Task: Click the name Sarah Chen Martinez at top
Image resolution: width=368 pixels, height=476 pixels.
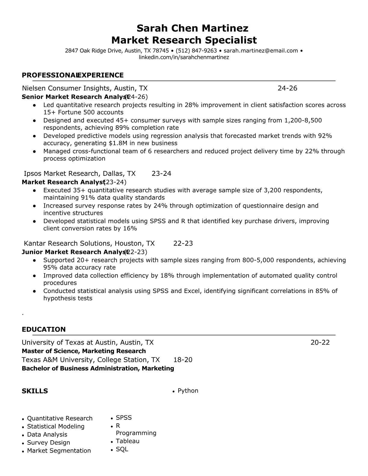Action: (192, 28)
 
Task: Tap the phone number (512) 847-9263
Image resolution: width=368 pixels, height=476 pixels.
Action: (196, 51)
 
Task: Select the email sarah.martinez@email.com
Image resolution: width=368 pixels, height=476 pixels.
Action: (261, 51)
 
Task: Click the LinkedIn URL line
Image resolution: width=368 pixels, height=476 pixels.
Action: (184, 57)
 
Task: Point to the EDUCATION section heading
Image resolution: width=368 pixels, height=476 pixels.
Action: (44, 329)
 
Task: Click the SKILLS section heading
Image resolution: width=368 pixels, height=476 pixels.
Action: (35, 391)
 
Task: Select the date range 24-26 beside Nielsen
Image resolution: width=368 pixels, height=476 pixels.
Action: (287, 88)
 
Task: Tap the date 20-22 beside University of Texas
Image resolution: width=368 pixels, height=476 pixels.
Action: (320, 342)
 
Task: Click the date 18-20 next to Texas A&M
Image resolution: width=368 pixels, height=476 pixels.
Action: (183, 360)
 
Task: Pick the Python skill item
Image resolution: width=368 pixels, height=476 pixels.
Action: (188, 391)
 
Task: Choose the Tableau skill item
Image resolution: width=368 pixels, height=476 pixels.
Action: (127, 441)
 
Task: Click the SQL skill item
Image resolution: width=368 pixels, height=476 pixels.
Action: (122, 449)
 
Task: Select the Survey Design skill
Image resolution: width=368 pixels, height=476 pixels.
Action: (48, 443)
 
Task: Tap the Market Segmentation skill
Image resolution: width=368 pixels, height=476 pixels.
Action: (59, 451)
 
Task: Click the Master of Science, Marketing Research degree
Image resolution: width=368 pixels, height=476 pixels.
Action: (84, 351)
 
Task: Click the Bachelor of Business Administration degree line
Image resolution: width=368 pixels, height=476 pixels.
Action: (98, 368)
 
